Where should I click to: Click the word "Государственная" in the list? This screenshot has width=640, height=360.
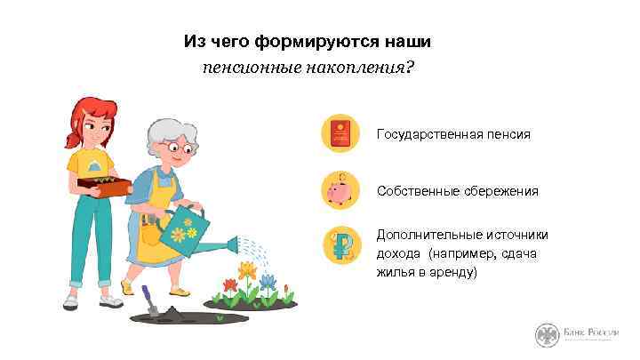429,135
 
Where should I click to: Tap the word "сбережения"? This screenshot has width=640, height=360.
505,191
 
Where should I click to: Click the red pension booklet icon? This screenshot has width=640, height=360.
340,134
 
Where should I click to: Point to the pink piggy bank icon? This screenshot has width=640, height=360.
340,191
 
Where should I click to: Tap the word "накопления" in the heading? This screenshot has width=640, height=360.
366,68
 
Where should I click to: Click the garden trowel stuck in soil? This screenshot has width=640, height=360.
152,303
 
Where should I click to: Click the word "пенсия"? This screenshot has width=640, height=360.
509,135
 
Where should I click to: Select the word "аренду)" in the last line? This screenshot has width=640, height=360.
455,272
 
